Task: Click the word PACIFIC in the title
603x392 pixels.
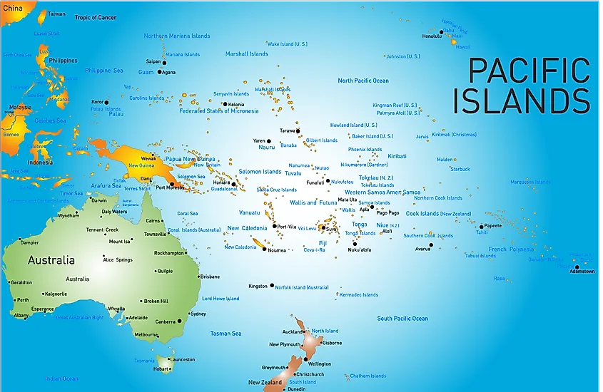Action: click(x=529, y=71)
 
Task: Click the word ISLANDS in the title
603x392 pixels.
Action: click(x=522, y=100)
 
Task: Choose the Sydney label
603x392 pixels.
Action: click(x=198, y=314)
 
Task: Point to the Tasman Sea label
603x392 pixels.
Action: click(x=226, y=334)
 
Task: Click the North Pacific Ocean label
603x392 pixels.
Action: click(x=363, y=81)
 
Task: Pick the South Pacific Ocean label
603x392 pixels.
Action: click(x=402, y=319)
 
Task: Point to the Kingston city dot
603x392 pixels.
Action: click(x=272, y=286)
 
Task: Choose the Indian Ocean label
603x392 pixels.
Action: click(x=61, y=378)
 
